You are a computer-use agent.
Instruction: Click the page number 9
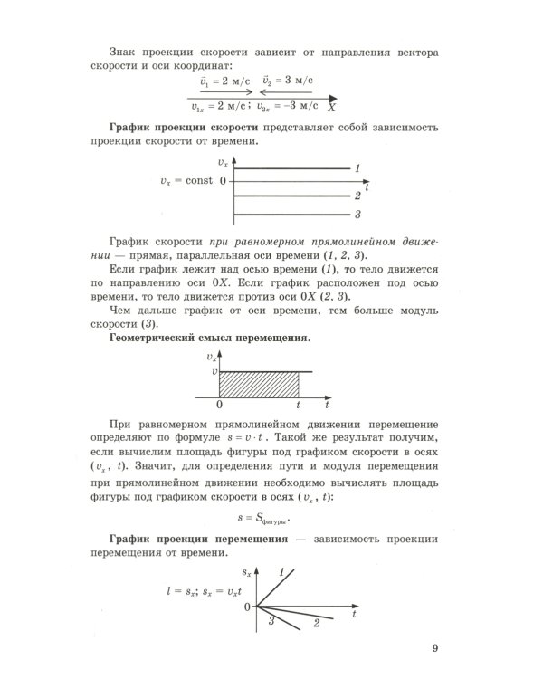pyautogui.click(x=434, y=647)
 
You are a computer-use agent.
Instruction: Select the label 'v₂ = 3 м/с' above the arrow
pyautogui.click(x=287, y=81)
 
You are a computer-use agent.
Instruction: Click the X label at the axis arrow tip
pyautogui.click(x=332, y=107)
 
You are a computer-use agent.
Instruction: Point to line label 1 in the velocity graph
pyautogui.click(x=358, y=168)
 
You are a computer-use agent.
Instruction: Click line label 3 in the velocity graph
pyautogui.click(x=358, y=215)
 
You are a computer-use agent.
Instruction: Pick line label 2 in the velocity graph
pyautogui.click(x=358, y=196)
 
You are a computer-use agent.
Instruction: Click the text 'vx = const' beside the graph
pyautogui.click(x=186, y=180)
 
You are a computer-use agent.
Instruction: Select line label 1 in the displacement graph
pyautogui.click(x=281, y=572)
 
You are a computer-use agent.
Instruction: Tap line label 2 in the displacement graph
pyautogui.click(x=316, y=624)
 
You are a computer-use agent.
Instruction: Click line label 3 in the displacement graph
pyautogui.click(x=271, y=620)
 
